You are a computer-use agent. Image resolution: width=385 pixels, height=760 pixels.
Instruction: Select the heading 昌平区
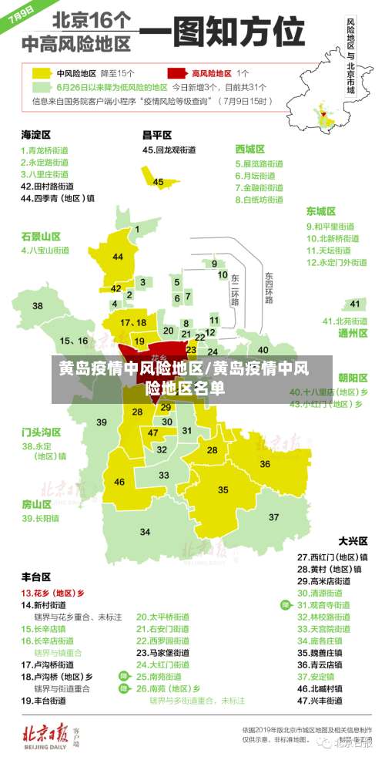point(158,134)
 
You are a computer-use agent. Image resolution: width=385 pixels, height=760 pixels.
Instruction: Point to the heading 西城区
point(250,149)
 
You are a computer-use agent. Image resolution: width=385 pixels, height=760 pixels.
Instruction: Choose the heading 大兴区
point(353,540)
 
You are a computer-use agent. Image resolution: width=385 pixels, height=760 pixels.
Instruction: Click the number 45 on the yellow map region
point(159,182)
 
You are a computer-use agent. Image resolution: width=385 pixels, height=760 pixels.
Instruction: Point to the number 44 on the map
point(118,256)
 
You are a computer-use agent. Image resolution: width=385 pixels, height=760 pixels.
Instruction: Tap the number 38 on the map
point(38,306)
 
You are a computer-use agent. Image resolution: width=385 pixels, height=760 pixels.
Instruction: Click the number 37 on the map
point(273,516)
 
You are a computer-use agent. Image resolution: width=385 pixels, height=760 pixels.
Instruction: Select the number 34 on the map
point(145,532)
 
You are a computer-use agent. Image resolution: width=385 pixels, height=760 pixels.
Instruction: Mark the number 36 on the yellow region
point(264,464)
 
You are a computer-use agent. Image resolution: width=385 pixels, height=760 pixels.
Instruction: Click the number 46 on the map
point(119,482)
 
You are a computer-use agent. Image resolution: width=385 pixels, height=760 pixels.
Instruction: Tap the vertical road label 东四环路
point(269,288)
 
